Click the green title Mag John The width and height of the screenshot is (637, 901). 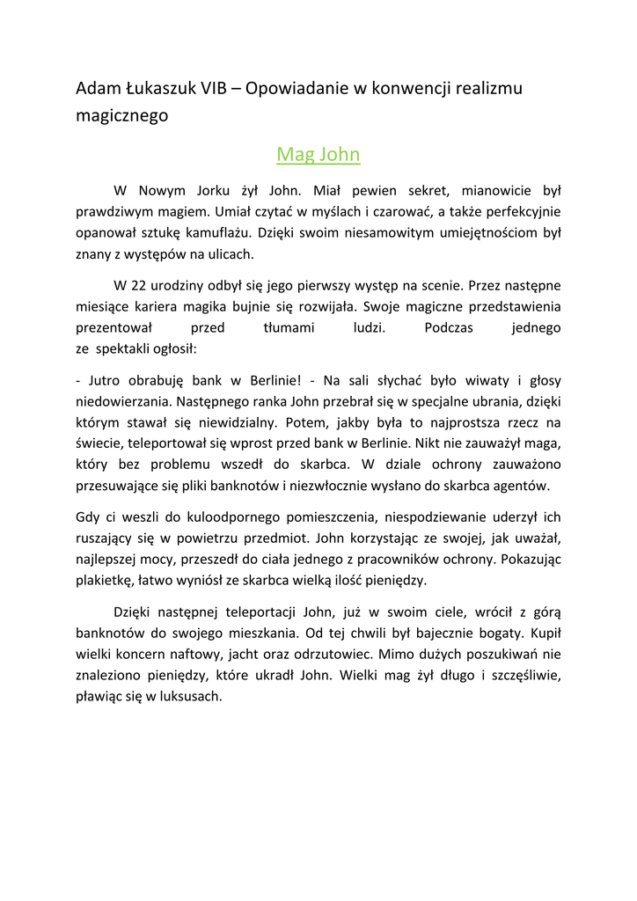click(318, 155)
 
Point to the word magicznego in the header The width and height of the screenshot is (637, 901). click(121, 115)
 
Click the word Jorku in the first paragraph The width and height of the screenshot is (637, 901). click(193, 190)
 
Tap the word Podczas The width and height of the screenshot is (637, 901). click(449, 328)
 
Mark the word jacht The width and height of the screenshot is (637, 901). click(282, 656)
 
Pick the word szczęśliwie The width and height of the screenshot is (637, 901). click(516, 677)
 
